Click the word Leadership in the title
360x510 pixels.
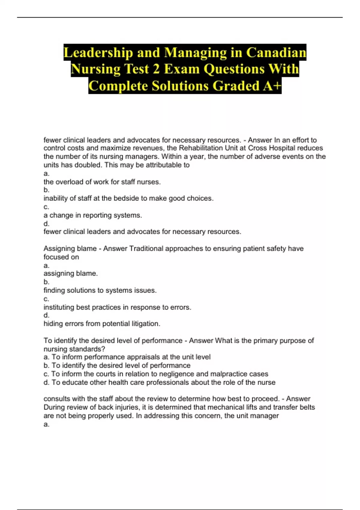pyautogui.click(x=98, y=52)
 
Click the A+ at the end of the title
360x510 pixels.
pyautogui.click(x=272, y=86)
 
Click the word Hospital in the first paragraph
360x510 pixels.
pyautogui.click(x=271, y=148)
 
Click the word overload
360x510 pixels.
pyautogui.click(x=67, y=182)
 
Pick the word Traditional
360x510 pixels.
pyautogui.click(x=146, y=248)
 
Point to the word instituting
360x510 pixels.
pyautogui.click(x=59, y=307)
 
